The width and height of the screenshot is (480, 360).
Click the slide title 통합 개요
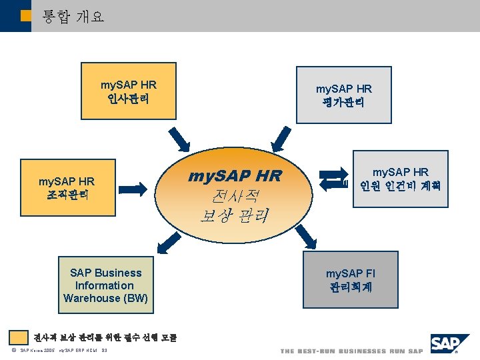point(73,16)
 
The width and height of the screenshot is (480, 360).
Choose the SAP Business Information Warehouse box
point(105,285)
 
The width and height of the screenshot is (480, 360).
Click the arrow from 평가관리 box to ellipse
point(285,137)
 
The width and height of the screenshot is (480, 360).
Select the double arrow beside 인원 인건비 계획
point(333,179)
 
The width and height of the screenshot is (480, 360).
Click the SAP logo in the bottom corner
point(450,344)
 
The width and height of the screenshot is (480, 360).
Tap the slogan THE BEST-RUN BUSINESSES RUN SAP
point(351,351)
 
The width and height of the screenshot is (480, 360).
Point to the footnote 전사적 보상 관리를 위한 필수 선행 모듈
point(105,337)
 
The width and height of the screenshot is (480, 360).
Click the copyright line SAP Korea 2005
point(60,351)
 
